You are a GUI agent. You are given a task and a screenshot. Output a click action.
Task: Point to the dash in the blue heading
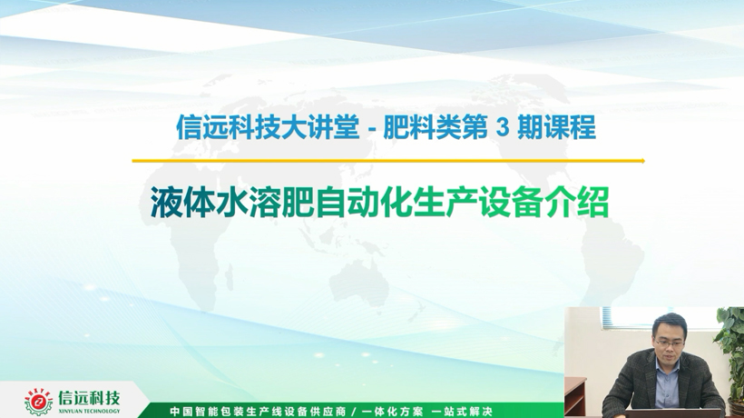pos(373,130)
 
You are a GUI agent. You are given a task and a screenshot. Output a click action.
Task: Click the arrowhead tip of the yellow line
pos(645,161)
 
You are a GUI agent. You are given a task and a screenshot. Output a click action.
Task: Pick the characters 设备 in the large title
pos(512,203)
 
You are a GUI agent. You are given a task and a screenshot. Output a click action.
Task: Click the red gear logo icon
pos(38,402)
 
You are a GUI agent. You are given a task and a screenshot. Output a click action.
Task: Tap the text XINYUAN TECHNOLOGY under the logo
pos(89,412)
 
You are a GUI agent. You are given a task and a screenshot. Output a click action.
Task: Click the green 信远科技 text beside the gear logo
pos(89,398)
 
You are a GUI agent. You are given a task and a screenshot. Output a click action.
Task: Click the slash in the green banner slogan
pos(354,412)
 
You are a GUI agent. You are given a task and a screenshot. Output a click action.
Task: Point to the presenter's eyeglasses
pos(670,343)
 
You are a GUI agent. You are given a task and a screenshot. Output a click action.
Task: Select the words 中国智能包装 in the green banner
pos(205,412)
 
